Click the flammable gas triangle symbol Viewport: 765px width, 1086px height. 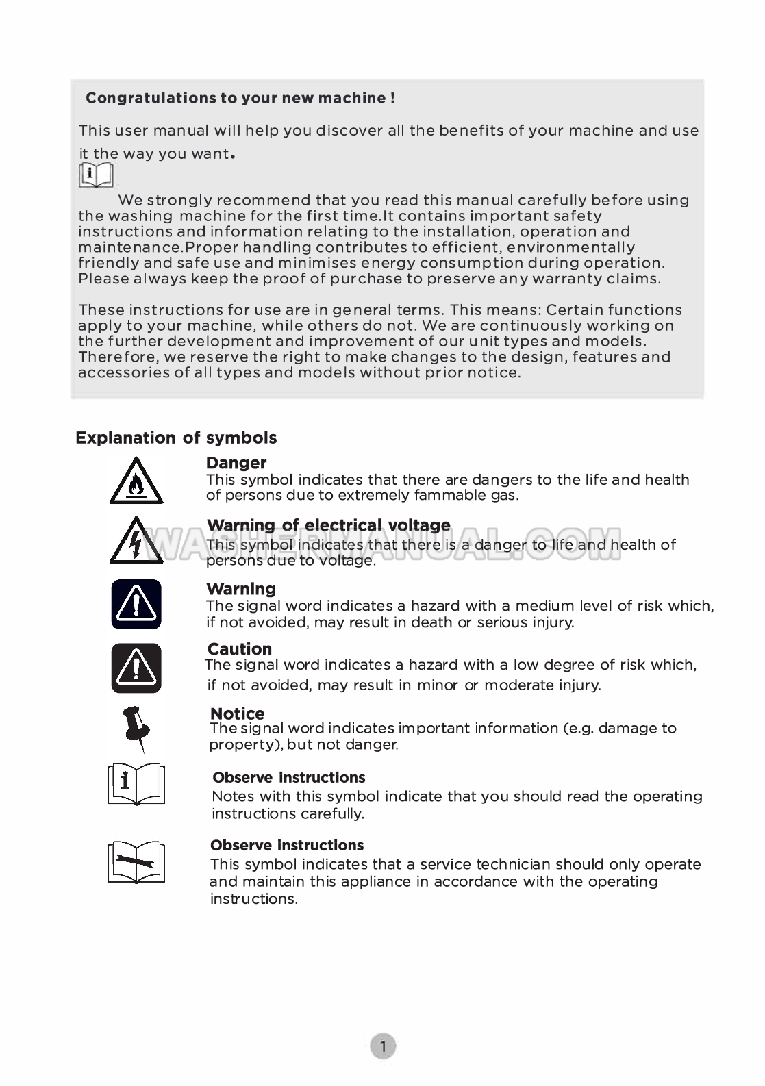136,482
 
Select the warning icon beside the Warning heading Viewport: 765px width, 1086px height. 136,604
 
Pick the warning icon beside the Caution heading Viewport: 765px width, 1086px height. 136,668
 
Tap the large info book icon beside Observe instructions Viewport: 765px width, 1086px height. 136,784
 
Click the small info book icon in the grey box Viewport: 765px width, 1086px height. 96,175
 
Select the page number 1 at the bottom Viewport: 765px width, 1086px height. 384,1046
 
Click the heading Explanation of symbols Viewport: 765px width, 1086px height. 176,438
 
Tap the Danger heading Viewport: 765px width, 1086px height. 236,463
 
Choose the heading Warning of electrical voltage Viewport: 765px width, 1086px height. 329,525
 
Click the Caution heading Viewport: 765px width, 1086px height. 240,648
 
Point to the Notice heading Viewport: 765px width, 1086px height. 237,714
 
